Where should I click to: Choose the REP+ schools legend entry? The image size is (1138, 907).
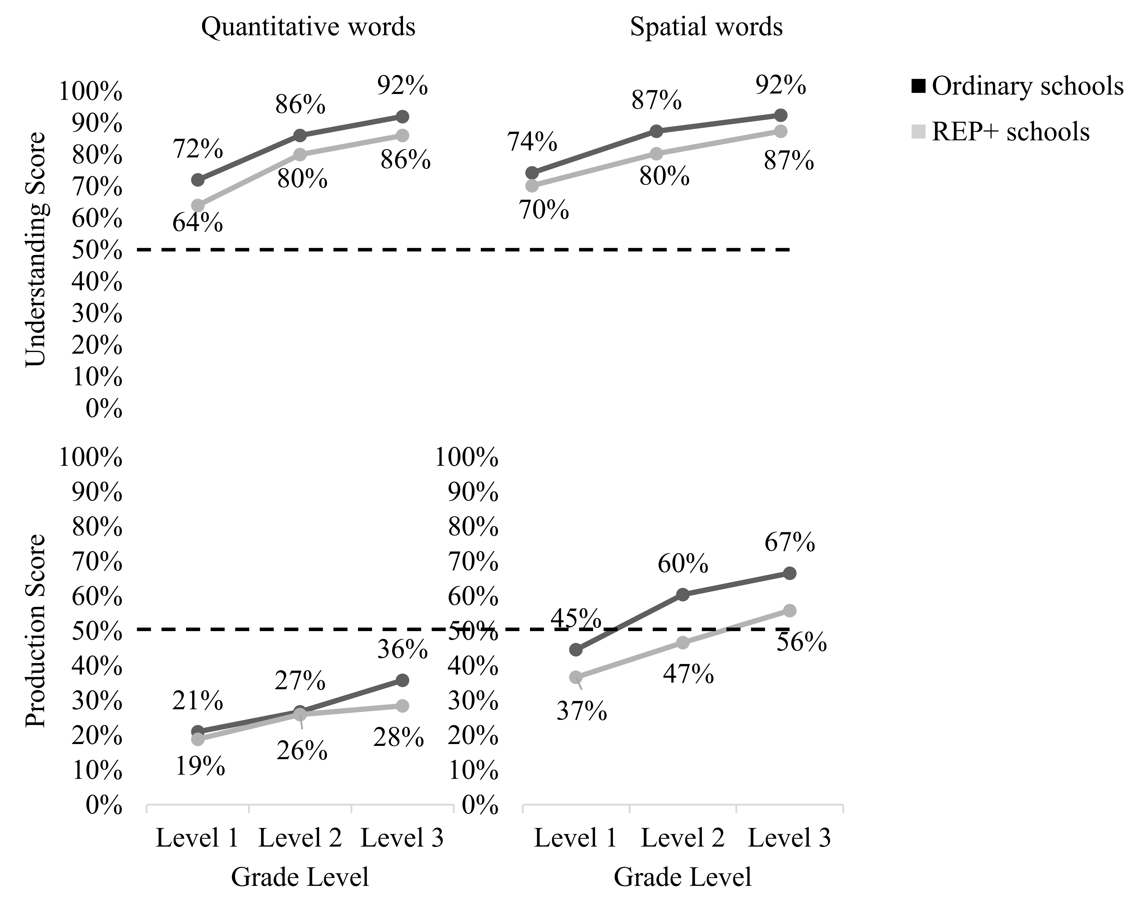1001,131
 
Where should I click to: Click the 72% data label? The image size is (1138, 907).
198,149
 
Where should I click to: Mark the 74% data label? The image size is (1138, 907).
532,142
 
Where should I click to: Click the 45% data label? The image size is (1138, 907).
576,619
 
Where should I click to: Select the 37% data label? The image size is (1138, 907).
582,711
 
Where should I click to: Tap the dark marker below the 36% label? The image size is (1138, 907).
402,680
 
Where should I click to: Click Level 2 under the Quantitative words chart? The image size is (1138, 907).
300,838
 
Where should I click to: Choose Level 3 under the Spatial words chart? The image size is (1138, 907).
790,838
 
